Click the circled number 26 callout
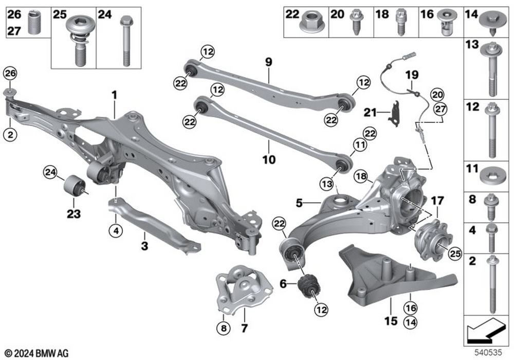click(x=10, y=74)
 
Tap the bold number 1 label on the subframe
click(x=115, y=95)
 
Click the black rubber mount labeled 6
click(x=308, y=285)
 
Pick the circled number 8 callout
click(x=224, y=327)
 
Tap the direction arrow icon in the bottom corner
click(x=489, y=329)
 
